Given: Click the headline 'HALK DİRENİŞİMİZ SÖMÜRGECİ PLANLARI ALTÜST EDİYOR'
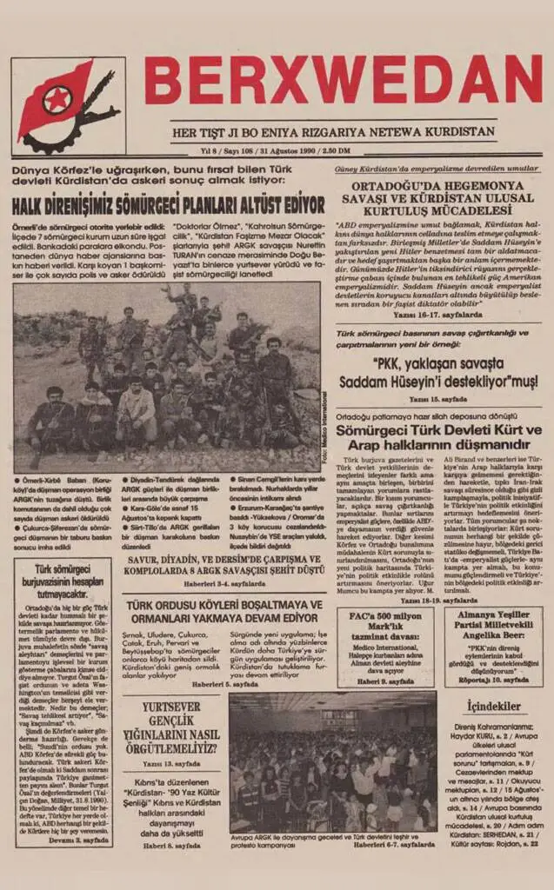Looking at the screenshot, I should click(x=169, y=206).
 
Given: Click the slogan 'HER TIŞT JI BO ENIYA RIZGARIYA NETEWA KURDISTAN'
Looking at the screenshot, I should click(x=334, y=132).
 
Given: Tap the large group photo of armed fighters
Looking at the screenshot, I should click(x=165, y=377).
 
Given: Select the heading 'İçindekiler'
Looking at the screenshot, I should click(x=492, y=707).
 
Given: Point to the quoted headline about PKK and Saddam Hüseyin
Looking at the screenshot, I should click(x=442, y=373).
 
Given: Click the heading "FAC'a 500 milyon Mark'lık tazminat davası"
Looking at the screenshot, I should click(x=385, y=624).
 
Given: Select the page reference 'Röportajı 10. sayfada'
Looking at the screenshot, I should click(x=492, y=680).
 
